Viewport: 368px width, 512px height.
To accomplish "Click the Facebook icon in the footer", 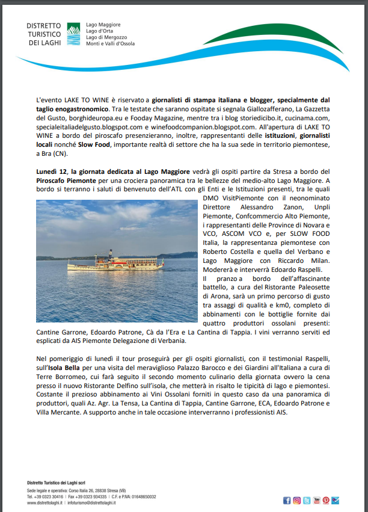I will [287, 500].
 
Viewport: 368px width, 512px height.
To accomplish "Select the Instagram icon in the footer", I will [296, 500].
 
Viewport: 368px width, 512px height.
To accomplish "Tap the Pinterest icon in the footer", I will [326, 500].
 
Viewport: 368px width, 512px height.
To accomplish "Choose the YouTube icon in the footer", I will [316, 500].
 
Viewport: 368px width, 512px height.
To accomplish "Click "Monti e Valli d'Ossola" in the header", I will [111, 44].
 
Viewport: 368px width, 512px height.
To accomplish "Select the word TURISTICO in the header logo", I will [44, 34].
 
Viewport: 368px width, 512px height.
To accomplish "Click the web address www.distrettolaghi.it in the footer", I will [46, 502].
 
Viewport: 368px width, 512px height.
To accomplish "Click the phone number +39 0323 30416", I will [49, 496].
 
